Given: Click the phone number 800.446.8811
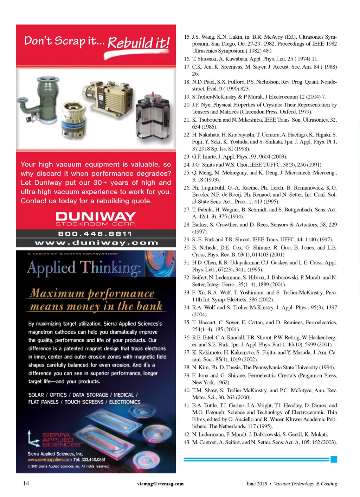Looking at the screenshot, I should click(x=96, y=234).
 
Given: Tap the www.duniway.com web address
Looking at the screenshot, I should click(x=96, y=243).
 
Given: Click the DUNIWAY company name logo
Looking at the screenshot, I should click(x=96, y=216).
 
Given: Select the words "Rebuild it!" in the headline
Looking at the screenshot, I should click(x=139, y=43).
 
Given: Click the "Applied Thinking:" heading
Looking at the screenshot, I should click(x=84, y=268).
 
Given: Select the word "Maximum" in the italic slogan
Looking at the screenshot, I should click(x=57, y=293).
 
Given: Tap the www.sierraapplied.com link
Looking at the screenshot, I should click(x=50, y=460).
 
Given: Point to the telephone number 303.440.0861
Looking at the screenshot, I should click(x=93, y=460).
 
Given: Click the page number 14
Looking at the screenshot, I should click(x=26, y=483).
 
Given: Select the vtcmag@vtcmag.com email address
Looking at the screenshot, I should click(x=160, y=484).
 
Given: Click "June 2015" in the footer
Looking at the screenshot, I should click(x=256, y=484).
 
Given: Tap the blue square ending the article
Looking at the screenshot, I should click(x=334, y=459).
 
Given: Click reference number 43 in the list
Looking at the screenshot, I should click(x=187, y=442).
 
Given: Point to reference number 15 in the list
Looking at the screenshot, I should click(x=187, y=37).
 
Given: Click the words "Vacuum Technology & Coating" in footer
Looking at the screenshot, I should click(x=305, y=484).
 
